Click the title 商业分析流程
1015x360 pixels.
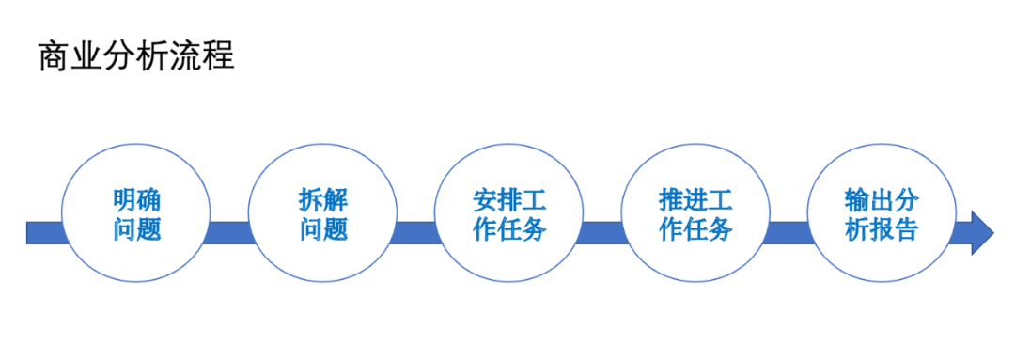[136, 56]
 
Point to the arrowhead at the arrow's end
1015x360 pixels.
[981, 232]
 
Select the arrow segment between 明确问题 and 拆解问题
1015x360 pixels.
[230, 232]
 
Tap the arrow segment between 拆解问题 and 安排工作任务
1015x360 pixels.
[416, 232]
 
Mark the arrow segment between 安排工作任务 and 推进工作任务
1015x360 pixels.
[602, 232]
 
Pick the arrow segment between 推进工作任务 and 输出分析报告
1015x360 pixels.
[789, 232]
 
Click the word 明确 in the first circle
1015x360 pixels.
[136, 200]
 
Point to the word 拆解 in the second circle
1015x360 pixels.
[323, 200]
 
